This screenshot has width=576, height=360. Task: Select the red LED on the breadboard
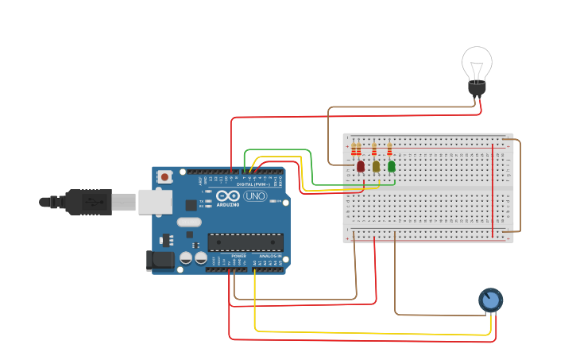pos(361,166)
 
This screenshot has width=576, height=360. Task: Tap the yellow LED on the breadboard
pos(376,166)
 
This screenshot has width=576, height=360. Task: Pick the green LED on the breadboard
pos(392,166)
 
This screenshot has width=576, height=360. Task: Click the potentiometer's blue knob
pos(490,300)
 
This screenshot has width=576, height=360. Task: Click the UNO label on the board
pos(254,195)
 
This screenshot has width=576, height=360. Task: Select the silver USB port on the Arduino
pos(155,202)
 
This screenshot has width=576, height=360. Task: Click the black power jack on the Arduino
pos(160,260)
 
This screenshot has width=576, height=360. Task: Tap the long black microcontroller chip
pos(245,242)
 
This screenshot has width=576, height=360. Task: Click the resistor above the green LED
pos(389,149)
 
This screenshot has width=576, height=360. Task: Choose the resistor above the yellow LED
pos(374,149)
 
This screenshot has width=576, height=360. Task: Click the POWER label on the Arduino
pos(238,256)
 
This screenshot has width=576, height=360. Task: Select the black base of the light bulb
pos(477,88)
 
